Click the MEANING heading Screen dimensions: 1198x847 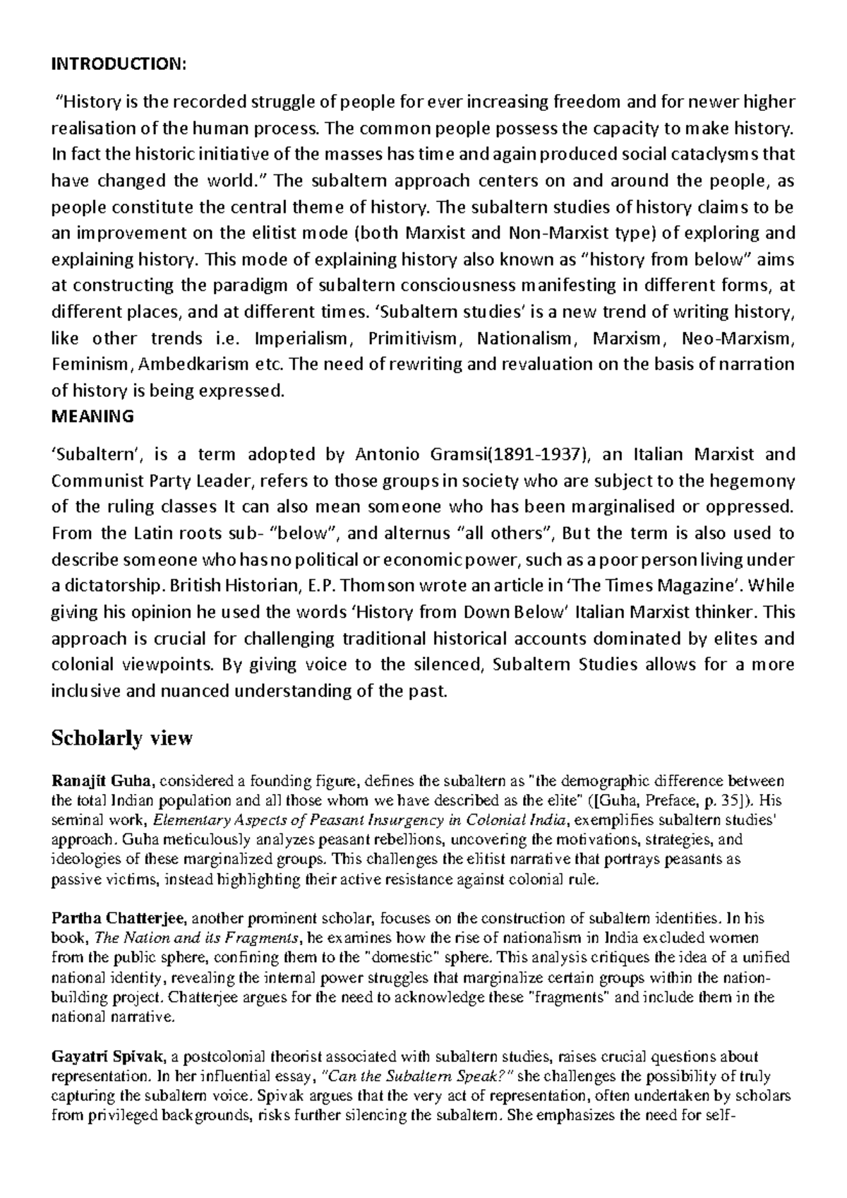click(x=92, y=417)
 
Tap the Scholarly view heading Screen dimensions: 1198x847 click(x=121, y=738)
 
